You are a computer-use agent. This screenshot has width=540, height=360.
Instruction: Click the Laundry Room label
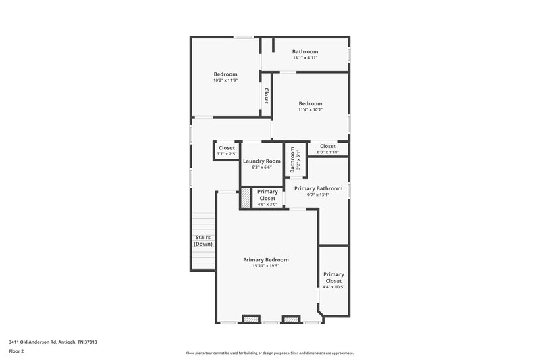261,161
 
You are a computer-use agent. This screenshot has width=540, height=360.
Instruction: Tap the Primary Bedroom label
266,260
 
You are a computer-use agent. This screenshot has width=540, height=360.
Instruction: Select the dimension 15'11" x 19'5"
266,266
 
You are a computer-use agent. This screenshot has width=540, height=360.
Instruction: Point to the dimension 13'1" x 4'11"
305,58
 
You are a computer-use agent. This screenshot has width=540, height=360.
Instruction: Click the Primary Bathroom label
318,188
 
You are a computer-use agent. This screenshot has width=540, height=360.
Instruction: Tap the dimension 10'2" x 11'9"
225,80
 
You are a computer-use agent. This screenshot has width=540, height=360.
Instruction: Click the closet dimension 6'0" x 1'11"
327,152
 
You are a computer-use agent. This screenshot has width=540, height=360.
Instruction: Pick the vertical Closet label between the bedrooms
267,96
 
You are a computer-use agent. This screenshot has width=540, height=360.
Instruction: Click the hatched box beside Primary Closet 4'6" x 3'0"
246,198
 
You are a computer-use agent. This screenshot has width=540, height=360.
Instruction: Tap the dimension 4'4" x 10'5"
333,287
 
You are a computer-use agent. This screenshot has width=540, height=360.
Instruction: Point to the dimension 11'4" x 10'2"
310,109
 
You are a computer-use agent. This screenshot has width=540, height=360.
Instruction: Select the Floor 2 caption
16,352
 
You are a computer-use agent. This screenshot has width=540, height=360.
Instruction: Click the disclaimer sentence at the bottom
269,353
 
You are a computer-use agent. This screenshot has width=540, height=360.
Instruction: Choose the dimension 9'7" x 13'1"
318,195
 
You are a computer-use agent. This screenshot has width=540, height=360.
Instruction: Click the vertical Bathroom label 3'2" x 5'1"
293,161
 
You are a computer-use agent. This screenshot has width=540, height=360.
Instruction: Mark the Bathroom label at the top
305,51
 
